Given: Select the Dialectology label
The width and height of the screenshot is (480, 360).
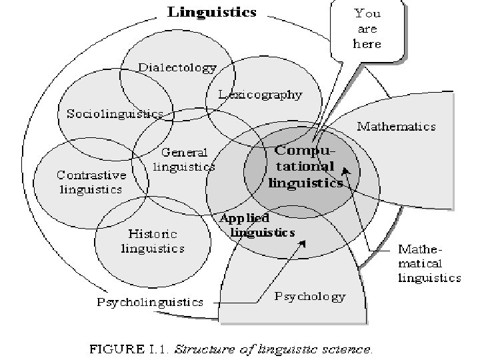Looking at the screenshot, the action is tap(177, 67).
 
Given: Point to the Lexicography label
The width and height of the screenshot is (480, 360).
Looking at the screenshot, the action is tap(261, 95).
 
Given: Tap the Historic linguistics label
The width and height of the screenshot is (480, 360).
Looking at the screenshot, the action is tap(153, 241).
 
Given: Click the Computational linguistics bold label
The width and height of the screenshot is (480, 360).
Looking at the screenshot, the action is tap(305, 167).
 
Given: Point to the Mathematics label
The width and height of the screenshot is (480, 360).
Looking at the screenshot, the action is tap(397, 126).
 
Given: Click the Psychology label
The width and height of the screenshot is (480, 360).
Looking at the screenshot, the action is tap(310, 296).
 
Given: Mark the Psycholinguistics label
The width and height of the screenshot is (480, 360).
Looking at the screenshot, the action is tap(151, 302).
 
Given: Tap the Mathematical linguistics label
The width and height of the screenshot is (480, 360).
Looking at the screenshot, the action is tap(429, 264).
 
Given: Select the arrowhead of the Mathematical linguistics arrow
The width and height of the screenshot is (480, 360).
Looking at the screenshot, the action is tap(345, 180).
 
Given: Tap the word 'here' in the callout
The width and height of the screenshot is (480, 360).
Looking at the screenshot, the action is tap(367, 43).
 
